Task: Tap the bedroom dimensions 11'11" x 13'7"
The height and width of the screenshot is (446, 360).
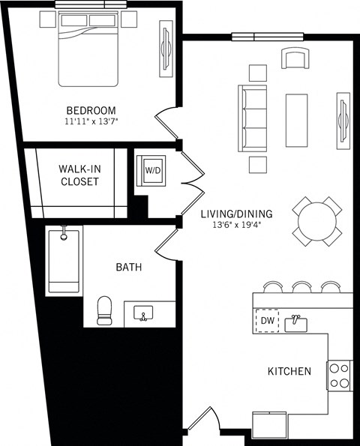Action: (x=90, y=121)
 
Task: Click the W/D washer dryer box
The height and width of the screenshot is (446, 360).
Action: (x=153, y=171)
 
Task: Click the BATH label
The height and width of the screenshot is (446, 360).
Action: (x=128, y=267)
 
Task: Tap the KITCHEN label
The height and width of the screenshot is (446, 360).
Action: (x=289, y=371)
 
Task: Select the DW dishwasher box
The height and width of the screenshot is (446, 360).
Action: (x=267, y=321)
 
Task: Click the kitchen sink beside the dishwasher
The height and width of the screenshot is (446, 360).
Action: (x=297, y=322)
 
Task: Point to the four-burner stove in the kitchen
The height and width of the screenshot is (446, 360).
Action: (x=339, y=375)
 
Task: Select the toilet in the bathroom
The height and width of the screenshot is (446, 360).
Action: (x=104, y=311)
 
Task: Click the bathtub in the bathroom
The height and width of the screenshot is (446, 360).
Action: (x=64, y=262)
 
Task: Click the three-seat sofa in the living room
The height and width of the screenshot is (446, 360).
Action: (x=252, y=118)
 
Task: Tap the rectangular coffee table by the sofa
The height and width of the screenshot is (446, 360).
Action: (x=296, y=119)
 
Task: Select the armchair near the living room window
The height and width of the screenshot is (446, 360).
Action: (x=295, y=58)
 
